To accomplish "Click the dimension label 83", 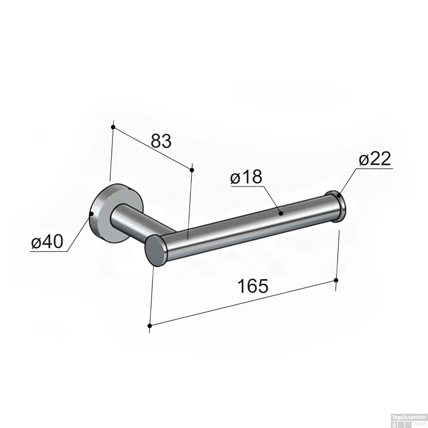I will (x=161, y=141).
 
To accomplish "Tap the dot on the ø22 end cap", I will (x=339, y=196).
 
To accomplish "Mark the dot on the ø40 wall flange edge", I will (x=92, y=213).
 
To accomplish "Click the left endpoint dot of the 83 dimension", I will (x=113, y=127).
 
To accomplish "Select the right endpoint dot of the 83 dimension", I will (x=192, y=170).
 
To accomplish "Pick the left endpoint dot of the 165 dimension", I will (x=150, y=326).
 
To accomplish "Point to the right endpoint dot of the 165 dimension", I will (x=336, y=280).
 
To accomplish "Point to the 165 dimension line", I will (x=243, y=303).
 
